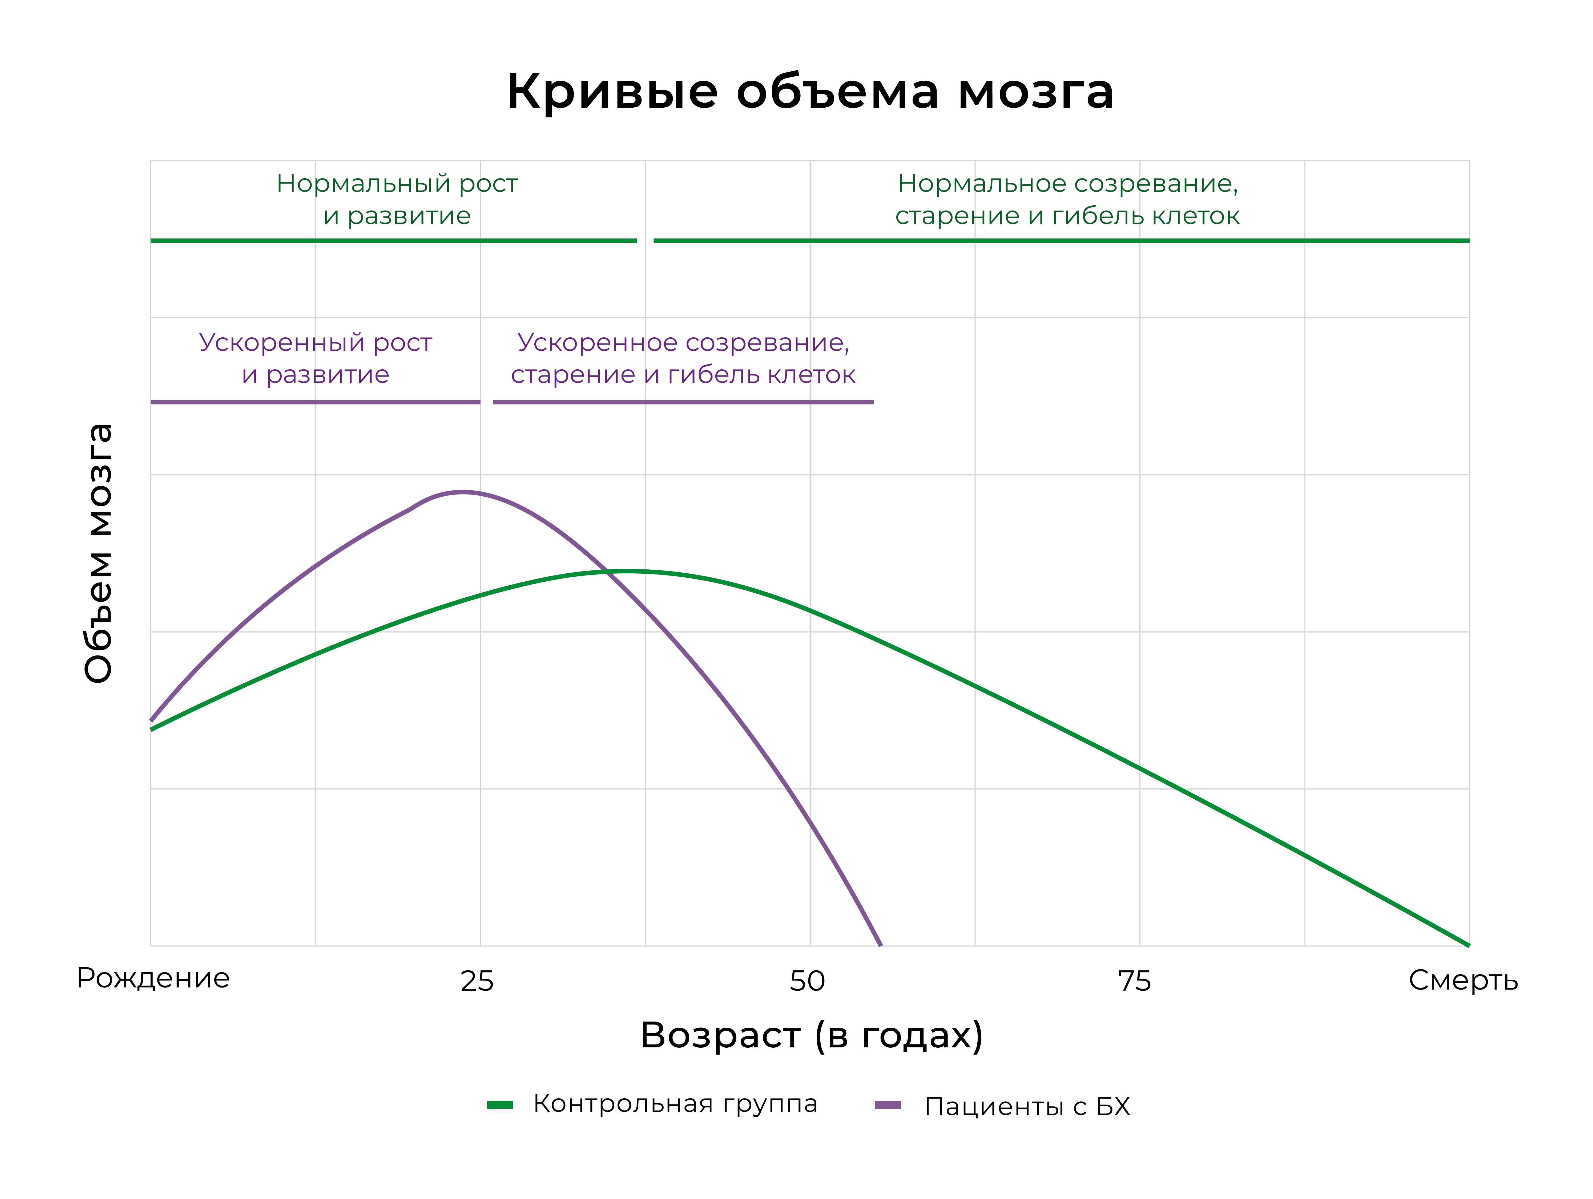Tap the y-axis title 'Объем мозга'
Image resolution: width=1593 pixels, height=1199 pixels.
point(99,553)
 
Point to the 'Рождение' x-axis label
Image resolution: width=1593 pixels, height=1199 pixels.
point(153,978)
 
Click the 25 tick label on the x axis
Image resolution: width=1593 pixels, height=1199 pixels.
point(477,981)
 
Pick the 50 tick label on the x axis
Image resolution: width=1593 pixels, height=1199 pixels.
point(806,981)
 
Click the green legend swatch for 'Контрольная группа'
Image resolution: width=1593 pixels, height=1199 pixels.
point(500,1105)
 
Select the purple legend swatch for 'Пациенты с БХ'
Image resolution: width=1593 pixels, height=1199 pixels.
point(888,1105)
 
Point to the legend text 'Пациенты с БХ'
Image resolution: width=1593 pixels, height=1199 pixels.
point(1027,1106)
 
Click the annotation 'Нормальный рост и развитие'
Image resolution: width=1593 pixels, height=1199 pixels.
point(397,200)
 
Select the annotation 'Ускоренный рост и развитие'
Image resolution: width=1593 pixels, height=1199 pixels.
point(316,359)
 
